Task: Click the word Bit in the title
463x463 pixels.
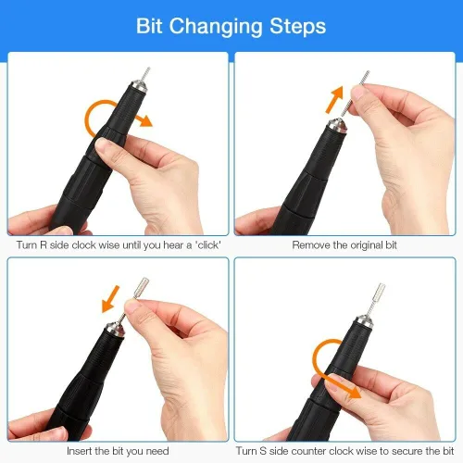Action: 149,26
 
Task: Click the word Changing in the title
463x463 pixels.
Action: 216,27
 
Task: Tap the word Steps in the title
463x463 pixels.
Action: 298,26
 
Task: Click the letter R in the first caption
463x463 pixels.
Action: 44,245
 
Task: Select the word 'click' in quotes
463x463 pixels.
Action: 208,245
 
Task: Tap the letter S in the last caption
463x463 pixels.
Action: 263,451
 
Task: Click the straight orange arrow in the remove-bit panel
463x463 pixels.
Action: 334,99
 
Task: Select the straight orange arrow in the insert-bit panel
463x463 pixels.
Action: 110,299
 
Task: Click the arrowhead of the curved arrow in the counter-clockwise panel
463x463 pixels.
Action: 354,392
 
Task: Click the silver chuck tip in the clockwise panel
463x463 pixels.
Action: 139,85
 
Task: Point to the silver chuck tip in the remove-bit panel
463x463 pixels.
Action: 336,126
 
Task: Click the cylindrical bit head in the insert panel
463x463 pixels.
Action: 142,288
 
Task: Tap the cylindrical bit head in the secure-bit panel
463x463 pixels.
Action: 379,293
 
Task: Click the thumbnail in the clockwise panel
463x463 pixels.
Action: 101,144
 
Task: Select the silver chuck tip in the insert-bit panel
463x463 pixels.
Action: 116,329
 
